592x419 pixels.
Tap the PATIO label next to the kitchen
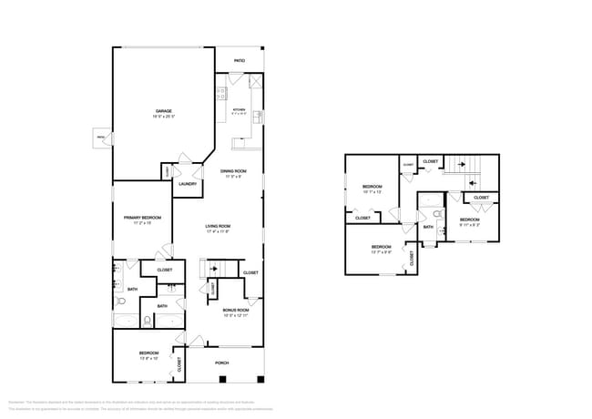tap(240, 61)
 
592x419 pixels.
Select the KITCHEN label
tap(239, 110)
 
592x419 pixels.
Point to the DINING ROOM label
tap(233, 171)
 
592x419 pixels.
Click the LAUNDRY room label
tap(188, 184)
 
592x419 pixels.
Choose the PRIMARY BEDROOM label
tap(142, 218)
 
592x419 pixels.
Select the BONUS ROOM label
tap(236, 310)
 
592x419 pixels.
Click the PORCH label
tap(221, 363)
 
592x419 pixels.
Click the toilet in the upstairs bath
tap(437, 214)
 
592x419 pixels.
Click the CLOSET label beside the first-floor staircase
tap(250, 272)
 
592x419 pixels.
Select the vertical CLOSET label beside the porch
tap(179, 365)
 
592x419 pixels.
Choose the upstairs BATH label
tap(428, 227)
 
